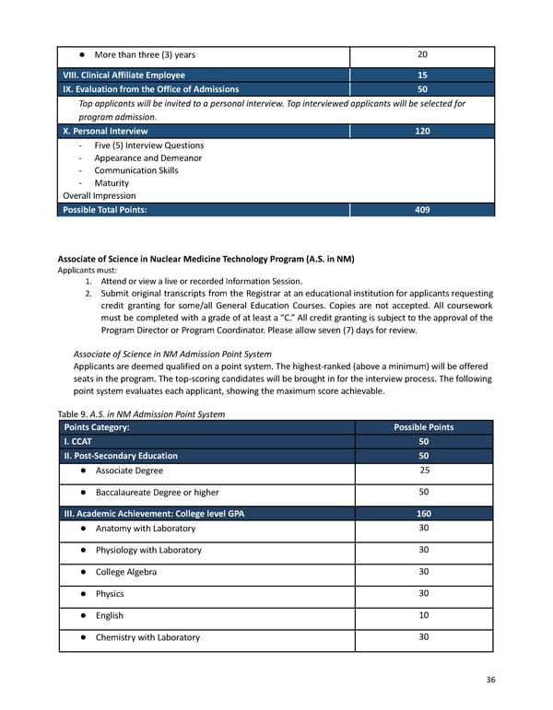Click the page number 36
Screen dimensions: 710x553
[x=490, y=680]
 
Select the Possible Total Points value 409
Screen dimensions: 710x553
[x=422, y=210]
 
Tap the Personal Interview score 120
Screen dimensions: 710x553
[x=422, y=132]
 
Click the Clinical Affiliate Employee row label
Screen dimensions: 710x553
[x=124, y=76]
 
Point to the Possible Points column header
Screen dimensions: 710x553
[x=423, y=427]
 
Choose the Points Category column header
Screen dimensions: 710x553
[x=96, y=427]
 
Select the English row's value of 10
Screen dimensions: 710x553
[x=422, y=615]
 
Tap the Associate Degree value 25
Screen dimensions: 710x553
[x=422, y=471]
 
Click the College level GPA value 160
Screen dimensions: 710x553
[x=422, y=514]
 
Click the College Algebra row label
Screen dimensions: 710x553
[x=125, y=572]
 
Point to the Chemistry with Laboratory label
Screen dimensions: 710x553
[x=147, y=637]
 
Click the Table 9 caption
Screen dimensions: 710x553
[x=141, y=413]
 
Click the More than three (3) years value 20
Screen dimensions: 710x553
[x=422, y=54]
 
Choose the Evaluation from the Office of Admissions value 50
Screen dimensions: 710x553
[x=422, y=89]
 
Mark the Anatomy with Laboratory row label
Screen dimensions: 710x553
[x=145, y=529]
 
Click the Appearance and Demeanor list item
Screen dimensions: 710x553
[x=147, y=157]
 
